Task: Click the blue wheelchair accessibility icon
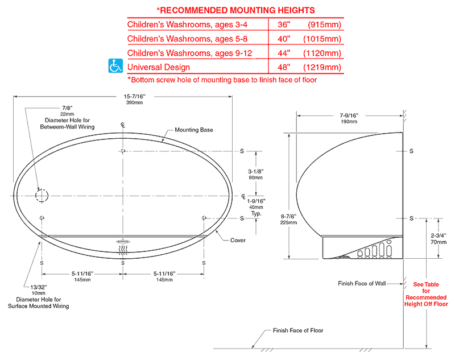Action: [115, 65]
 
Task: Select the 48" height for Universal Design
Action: [284, 67]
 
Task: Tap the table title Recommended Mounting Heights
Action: [236, 10]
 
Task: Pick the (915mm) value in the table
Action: [324, 24]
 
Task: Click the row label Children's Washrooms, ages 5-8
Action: [188, 39]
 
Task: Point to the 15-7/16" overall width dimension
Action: [134, 99]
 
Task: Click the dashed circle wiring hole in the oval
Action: [42, 196]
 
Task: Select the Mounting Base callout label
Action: [194, 130]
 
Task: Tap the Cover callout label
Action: [238, 240]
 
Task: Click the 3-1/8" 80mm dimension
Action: [255, 175]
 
